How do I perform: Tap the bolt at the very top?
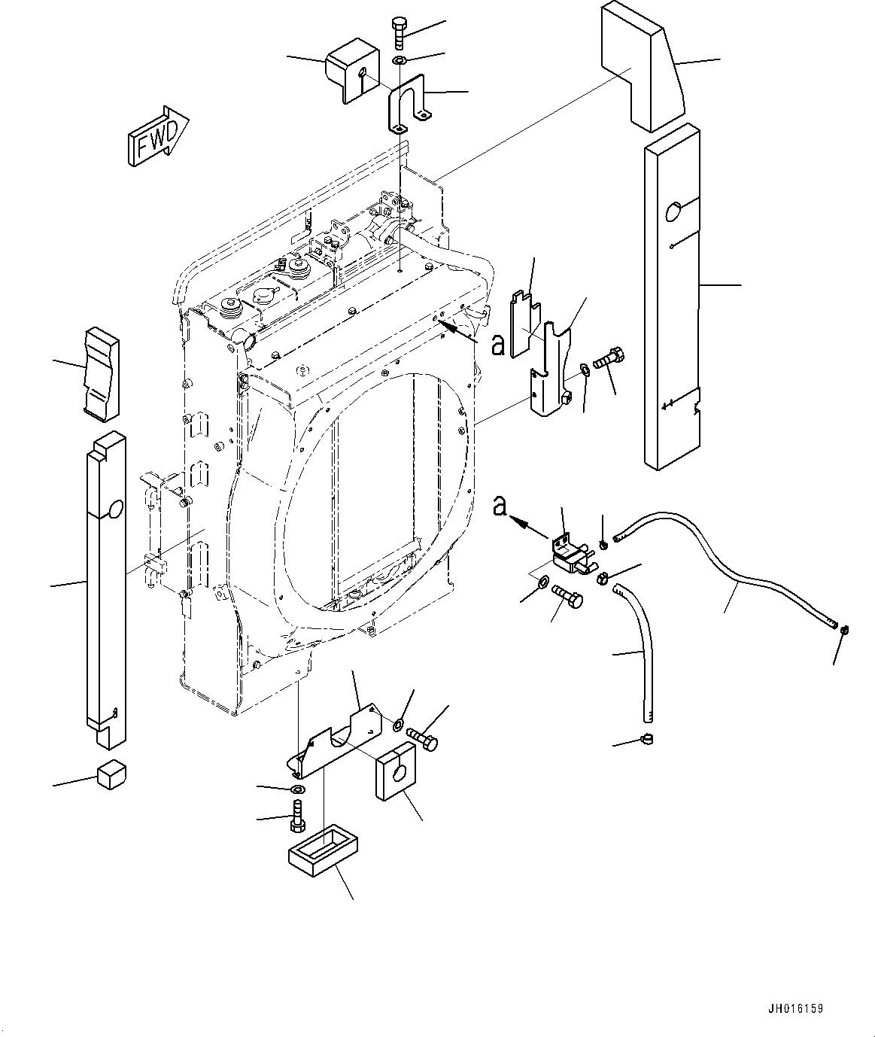pos(399,35)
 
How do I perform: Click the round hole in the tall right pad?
pos(674,212)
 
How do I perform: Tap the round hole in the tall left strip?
pos(113,510)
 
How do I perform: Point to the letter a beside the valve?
pos(500,508)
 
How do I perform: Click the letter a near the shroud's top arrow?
pos(497,345)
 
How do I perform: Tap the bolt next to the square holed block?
pos(422,736)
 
